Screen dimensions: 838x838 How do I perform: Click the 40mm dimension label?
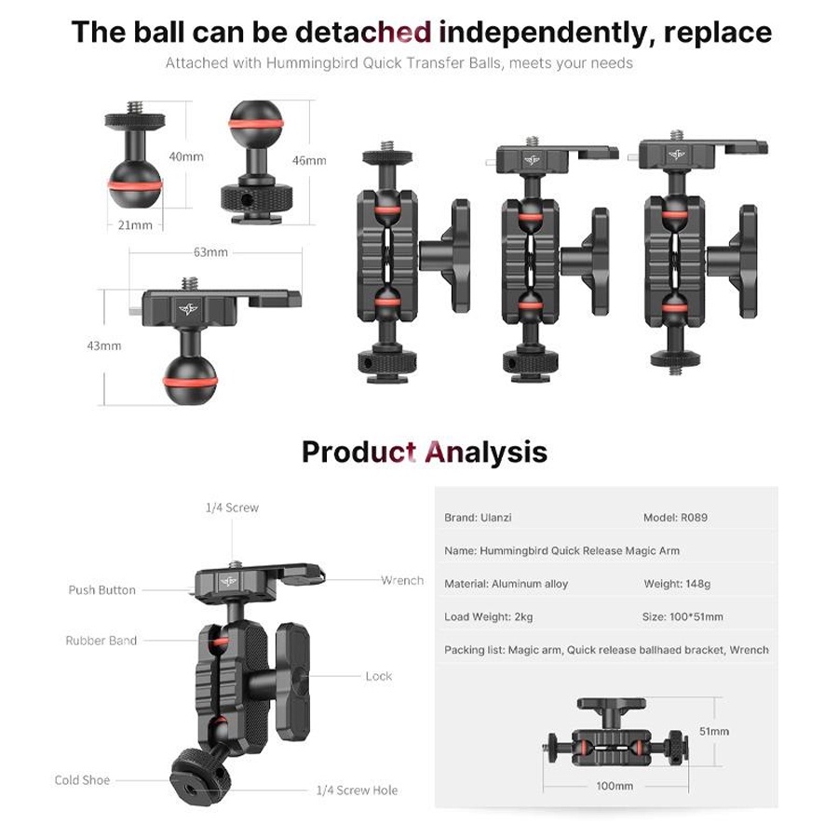pos(186,156)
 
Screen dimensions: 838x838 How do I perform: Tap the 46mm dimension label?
pos(309,160)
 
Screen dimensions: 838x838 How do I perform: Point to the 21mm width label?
pos(135,225)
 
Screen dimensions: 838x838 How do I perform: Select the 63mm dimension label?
pos(210,251)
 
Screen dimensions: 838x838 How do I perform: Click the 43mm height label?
pos(104,345)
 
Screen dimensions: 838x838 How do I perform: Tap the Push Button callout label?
pos(102,590)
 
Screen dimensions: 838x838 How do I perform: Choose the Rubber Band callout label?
pos(101,641)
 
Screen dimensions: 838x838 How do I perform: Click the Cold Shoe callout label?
pos(82,780)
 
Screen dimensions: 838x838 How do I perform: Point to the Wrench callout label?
pos(402,580)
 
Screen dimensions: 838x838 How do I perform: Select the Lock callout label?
pos(379,676)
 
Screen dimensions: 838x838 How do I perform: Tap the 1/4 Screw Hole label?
pos(357,790)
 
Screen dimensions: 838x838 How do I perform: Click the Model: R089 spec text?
pos(676,518)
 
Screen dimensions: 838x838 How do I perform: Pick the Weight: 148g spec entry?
pos(677,584)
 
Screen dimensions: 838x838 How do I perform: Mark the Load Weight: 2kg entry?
pos(489,616)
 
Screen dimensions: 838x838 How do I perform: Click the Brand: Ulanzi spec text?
pos(478,518)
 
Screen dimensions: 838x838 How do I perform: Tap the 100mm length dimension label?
pos(615,786)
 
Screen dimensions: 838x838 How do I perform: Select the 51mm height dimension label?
pos(714,731)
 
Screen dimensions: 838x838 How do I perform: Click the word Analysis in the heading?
pos(486,453)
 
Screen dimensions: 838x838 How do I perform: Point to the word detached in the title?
pos(363,32)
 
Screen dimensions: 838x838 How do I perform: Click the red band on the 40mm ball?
pos(135,185)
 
